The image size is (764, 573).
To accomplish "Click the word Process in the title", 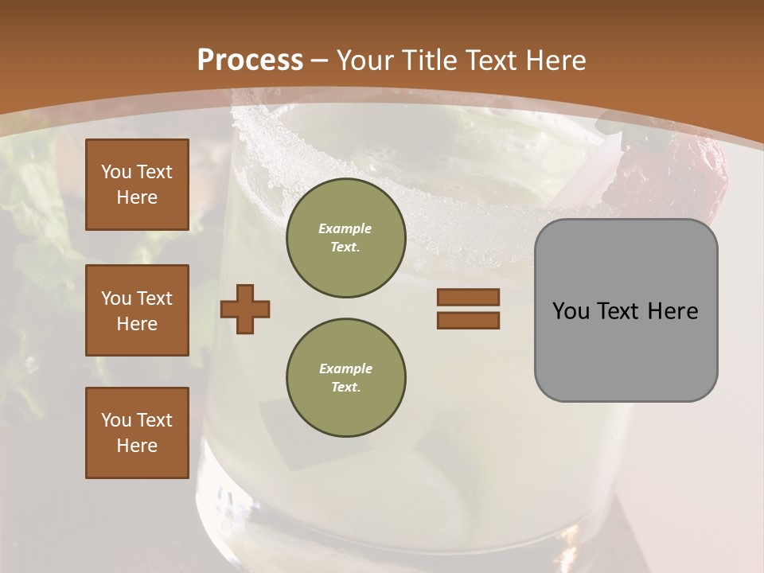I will point(250,60).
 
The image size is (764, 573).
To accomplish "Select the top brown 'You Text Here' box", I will point(137,185).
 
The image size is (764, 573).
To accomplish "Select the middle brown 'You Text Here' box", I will point(137,310).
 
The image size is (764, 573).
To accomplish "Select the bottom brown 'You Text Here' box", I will point(137,433).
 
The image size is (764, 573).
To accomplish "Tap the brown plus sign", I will point(245,309).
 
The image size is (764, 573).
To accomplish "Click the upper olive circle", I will point(345,238).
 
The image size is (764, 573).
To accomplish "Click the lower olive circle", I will point(345,378).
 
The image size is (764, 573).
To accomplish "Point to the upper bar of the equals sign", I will point(468,297).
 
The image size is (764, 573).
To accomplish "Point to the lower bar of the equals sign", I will point(468,320).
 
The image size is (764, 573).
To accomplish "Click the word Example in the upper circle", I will point(345,228).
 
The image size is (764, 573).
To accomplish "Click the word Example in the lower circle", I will point(345,368).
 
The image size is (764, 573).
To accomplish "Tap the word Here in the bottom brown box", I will point(137,446).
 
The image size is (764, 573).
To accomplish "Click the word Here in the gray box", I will point(672,311).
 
